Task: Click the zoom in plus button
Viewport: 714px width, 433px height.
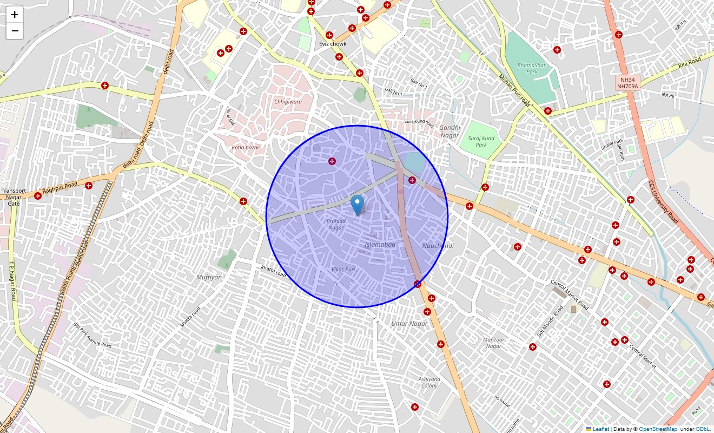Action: point(15,15)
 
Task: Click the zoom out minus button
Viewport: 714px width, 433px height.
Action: point(15,31)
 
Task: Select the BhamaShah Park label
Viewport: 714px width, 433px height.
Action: point(527,68)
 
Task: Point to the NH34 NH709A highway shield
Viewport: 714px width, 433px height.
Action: point(627,83)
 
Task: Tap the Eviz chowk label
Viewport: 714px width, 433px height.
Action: point(333,44)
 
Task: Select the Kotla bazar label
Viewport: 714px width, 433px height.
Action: point(246,147)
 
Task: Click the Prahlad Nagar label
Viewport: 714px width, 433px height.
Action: point(336,224)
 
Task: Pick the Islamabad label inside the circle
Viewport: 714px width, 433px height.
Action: point(380,245)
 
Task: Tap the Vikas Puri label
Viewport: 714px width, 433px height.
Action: point(343,270)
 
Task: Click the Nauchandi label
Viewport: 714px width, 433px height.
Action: point(438,246)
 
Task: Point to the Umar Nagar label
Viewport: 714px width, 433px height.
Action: point(409,324)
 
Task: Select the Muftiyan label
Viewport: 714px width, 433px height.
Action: point(209,277)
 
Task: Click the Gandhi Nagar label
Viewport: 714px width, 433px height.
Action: point(449,132)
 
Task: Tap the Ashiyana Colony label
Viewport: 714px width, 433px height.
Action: point(429,382)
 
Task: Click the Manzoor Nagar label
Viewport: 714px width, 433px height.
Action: point(493,343)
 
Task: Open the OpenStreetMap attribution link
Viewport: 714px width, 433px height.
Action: point(658,429)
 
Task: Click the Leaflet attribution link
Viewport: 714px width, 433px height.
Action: point(600,429)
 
